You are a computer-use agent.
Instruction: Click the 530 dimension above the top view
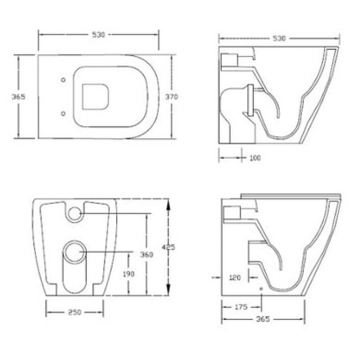(x=98, y=35)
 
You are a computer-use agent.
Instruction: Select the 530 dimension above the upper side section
(x=279, y=39)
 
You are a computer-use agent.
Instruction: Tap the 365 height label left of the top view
(x=19, y=97)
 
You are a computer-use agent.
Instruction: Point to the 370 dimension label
(x=171, y=97)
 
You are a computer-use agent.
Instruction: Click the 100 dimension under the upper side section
(x=255, y=158)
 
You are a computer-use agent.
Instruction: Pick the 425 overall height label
(x=168, y=247)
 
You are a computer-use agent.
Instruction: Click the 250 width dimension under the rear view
(x=75, y=312)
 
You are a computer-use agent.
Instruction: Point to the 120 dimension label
(x=235, y=278)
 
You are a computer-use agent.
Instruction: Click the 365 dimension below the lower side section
(x=263, y=319)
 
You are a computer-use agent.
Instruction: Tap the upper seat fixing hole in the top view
(x=63, y=80)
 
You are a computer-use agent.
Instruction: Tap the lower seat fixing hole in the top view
(x=63, y=113)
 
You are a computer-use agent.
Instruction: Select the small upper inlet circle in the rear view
(x=75, y=213)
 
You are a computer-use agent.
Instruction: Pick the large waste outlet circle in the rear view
(x=75, y=251)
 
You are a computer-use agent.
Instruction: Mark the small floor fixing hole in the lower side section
(x=262, y=290)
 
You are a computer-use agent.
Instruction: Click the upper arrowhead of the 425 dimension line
(x=168, y=202)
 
